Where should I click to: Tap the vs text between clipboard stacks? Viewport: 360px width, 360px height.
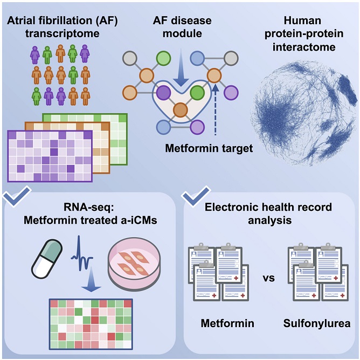pyautogui.click(x=268, y=279)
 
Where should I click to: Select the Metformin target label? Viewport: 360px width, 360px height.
pyautogui.click(x=209, y=149)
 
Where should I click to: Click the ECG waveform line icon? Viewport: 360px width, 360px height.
pyautogui.click(x=82, y=252)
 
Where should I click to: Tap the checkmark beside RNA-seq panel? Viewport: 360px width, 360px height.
pyautogui.click(x=17, y=196)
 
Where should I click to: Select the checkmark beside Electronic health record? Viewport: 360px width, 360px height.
pyautogui.click(x=196, y=196)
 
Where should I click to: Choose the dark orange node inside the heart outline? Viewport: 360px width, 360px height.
pyautogui.click(x=181, y=110)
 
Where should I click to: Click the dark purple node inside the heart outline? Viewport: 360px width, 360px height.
pyautogui.click(x=164, y=93)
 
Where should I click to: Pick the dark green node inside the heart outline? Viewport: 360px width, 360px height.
pyautogui.click(x=197, y=93)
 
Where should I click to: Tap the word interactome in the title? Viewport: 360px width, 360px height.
pyautogui.click(x=304, y=47)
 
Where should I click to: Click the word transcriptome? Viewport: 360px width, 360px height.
pyautogui.click(x=63, y=34)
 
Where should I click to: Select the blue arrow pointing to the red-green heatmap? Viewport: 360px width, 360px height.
pyautogui.click(x=91, y=279)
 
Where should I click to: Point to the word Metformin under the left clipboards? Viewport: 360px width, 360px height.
pyautogui.click(x=227, y=323)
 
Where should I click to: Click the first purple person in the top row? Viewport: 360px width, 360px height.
pyautogui.click(x=35, y=54)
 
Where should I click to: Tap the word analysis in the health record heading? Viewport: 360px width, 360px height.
pyautogui.click(x=270, y=220)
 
